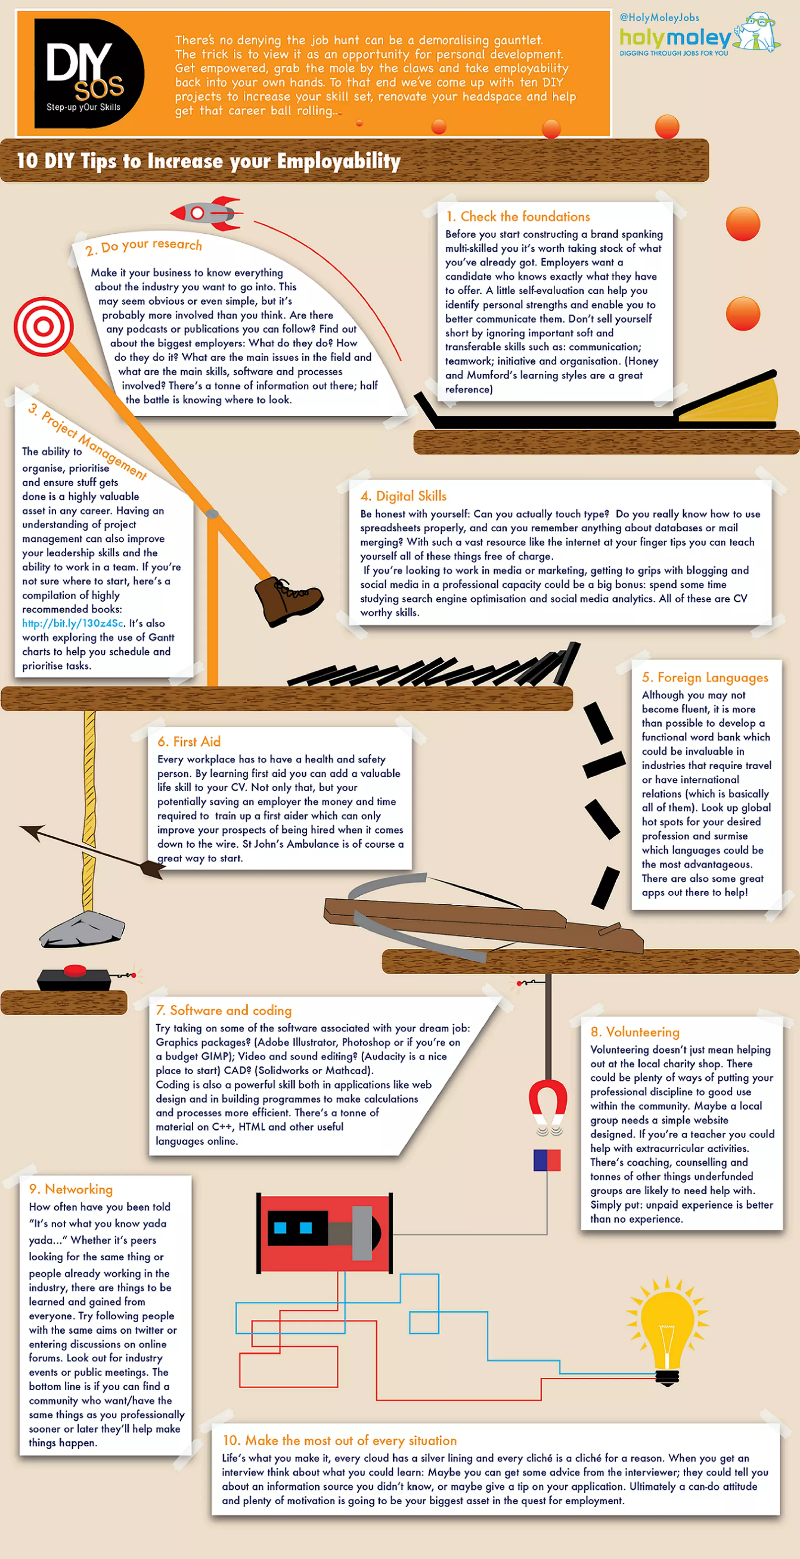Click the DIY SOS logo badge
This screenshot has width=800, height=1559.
(88, 73)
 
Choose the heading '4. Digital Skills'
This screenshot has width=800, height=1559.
(403, 496)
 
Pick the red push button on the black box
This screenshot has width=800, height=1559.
(75, 970)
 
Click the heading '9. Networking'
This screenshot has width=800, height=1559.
(71, 1189)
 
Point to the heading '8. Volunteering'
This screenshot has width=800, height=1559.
(635, 1032)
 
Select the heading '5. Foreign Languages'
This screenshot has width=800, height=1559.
(705, 677)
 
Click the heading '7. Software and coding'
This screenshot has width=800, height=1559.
(223, 1010)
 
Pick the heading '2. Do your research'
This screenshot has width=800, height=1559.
(143, 246)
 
